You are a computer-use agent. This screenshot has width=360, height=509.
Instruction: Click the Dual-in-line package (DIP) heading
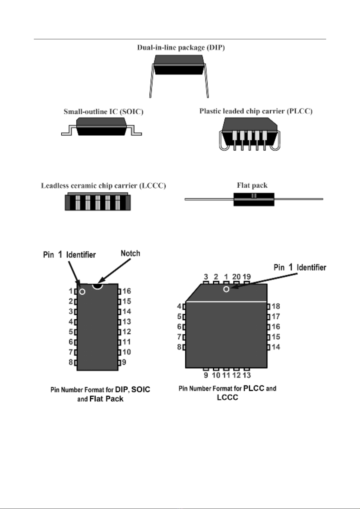[x=181, y=47]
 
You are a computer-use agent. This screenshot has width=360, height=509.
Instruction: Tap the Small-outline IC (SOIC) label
[x=103, y=112]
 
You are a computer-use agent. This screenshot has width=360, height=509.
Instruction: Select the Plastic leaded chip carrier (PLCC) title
[x=256, y=111]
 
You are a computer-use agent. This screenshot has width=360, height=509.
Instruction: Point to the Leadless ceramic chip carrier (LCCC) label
[x=103, y=185]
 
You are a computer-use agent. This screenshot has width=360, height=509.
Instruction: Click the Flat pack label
[x=252, y=185]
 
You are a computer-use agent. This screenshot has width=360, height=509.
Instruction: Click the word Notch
[x=130, y=253]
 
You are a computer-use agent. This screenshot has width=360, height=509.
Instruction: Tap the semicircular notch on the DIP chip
[x=97, y=285]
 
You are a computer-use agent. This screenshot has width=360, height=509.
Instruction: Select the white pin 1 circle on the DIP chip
[x=82, y=292]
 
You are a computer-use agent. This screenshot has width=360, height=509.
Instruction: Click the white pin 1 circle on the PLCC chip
[x=226, y=289]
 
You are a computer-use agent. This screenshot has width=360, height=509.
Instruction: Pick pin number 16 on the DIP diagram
[x=127, y=291]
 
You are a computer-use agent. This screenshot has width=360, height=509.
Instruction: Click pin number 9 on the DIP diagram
[x=124, y=362]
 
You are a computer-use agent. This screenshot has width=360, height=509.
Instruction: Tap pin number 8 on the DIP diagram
[x=71, y=362]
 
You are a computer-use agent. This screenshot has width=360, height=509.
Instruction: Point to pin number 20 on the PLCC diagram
[x=236, y=277]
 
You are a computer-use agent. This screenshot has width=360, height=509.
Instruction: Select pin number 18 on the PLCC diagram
[x=276, y=306]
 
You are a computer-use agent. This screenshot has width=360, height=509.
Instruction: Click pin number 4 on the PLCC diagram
[x=179, y=306]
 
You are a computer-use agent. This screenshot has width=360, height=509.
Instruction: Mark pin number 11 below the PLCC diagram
[x=226, y=375]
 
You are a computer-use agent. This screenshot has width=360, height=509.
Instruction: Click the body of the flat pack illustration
[x=254, y=200]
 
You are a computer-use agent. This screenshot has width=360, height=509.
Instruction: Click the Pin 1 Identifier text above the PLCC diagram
[x=300, y=267]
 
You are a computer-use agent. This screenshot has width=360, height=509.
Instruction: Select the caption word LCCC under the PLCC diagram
[x=227, y=398]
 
